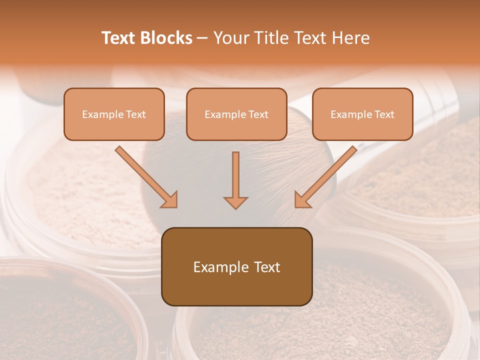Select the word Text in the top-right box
point(384,114)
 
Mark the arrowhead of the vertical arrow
point(235,202)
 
